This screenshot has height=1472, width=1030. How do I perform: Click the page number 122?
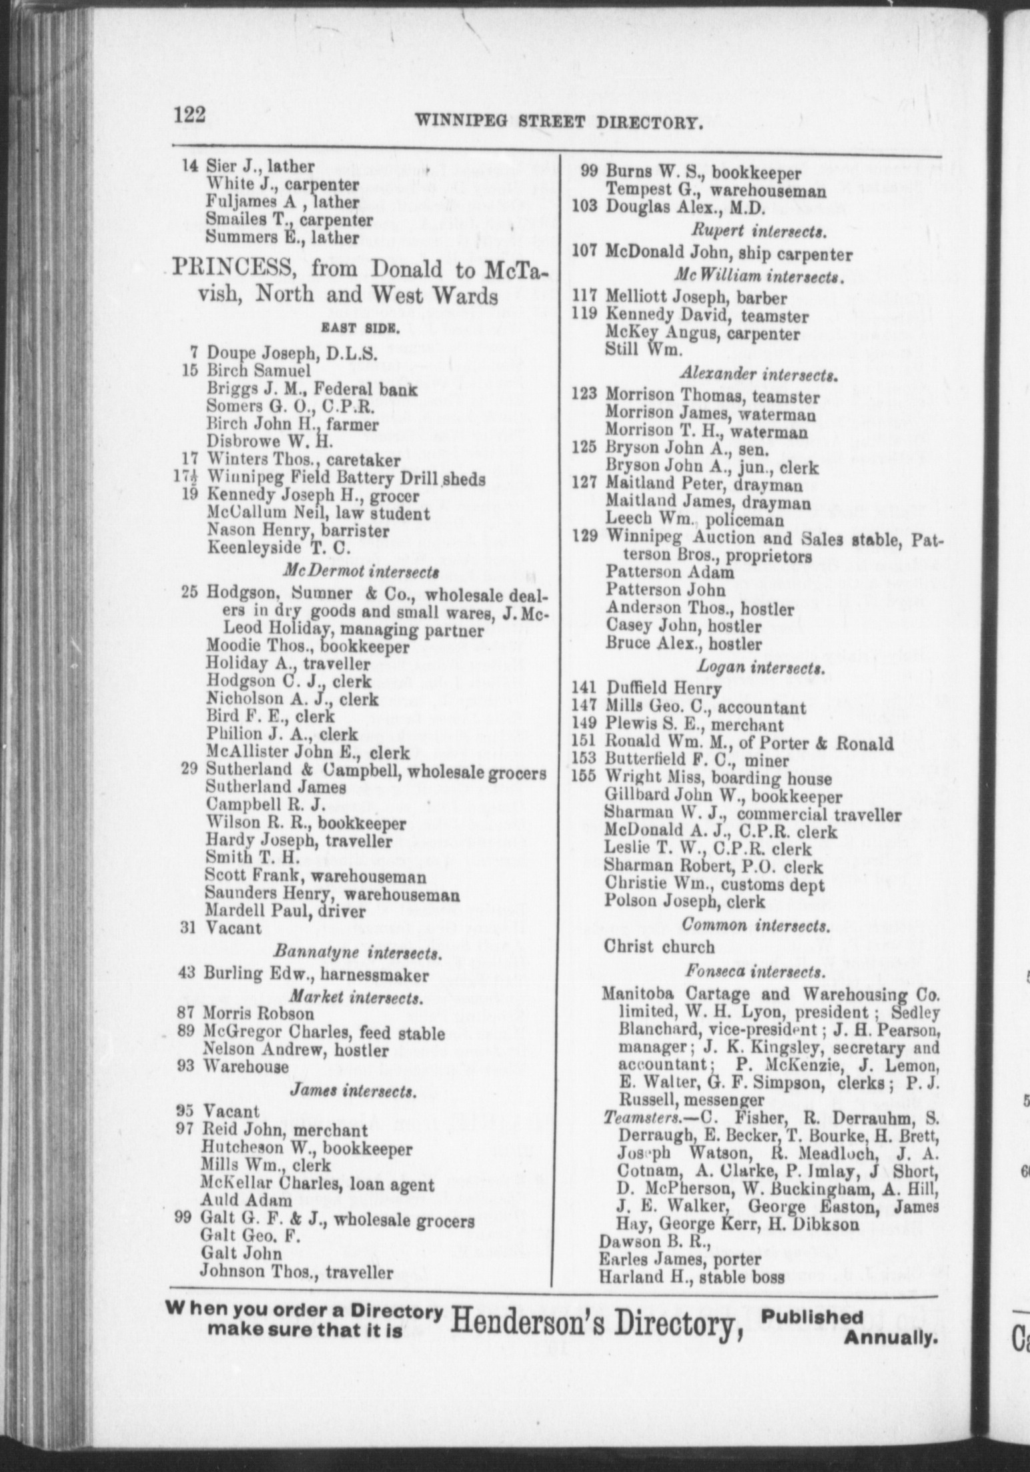(190, 116)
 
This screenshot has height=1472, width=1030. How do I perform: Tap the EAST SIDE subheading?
(360, 327)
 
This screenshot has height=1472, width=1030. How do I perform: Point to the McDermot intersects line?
(361, 571)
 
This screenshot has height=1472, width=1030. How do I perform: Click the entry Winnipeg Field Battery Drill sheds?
(346, 479)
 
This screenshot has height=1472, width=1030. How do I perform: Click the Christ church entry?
(658, 946)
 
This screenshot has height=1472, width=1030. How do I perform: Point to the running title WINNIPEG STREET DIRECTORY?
(560, 122)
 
